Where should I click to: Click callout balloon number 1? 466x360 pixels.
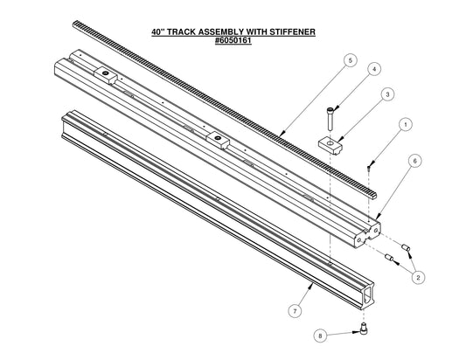click(x=405, y=126)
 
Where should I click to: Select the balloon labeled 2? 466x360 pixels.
click(x=418, y=277)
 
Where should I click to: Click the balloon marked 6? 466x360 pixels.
click(x=415, y=160)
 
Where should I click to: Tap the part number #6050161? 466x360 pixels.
click(x=233, y=40)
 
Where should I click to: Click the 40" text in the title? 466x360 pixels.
click(x=159, y=32)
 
